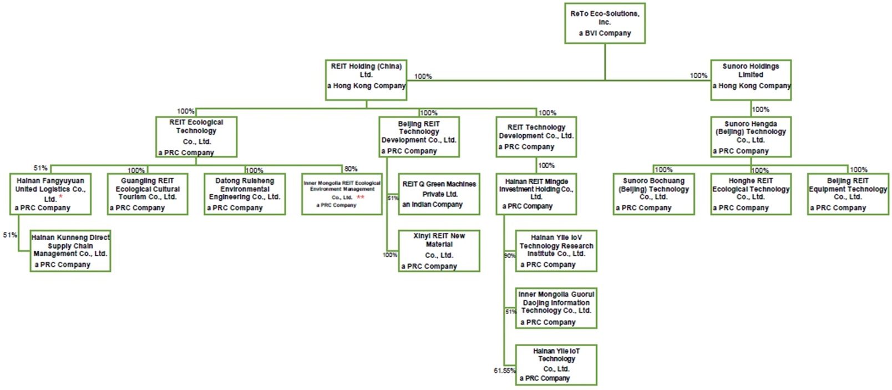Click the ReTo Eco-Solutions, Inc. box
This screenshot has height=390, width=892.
[605, 23]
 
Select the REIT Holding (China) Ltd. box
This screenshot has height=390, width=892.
[366, 80]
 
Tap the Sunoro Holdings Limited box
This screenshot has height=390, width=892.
[751, 80]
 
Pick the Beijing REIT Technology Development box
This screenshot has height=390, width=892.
[419, 137]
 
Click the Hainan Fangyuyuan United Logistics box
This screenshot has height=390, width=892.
[50, 194]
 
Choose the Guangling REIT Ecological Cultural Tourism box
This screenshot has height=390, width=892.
[148, 194]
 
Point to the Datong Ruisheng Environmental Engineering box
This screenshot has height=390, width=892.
[245, 194]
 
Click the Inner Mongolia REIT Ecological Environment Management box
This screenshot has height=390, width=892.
[342, 194]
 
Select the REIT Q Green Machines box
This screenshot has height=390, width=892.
[439, 194]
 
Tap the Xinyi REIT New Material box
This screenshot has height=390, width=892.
[439, 251]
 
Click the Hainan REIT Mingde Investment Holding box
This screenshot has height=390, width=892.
[536, 194]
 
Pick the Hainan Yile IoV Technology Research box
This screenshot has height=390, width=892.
[556, 251]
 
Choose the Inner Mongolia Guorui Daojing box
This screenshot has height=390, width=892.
[556, 308]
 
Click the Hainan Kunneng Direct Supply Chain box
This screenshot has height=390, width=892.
[70, 251]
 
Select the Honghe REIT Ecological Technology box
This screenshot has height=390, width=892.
[751, 194]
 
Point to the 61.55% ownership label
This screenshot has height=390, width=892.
[504, 371]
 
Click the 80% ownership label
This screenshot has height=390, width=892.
[351, 169]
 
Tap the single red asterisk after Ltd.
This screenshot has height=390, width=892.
[61, 197]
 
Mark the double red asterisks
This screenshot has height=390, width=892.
[361, 197]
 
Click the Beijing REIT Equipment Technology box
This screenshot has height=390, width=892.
[848, 194]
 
